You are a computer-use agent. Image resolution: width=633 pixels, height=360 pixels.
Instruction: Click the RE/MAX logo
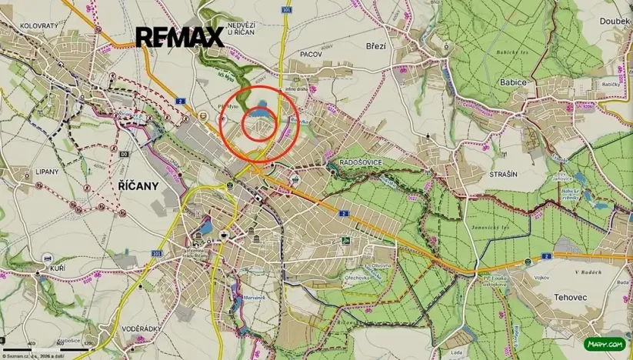(x=180, y=36)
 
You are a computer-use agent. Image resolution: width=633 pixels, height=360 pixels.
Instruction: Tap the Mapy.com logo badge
(x=605, y=345)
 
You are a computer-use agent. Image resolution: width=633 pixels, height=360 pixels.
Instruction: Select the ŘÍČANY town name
(x=138, y=186)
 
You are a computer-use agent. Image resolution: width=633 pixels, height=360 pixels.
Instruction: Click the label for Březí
(x=377, y=45)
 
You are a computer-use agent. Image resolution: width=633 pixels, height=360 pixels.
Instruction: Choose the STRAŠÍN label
(x=503, y=175)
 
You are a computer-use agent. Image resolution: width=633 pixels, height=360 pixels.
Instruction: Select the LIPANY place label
(x=46, y=172)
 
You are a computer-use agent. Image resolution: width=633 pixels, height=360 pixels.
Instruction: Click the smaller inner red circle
(x=260, y=125)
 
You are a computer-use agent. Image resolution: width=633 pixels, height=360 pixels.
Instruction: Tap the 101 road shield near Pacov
(x=286, y=10)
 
